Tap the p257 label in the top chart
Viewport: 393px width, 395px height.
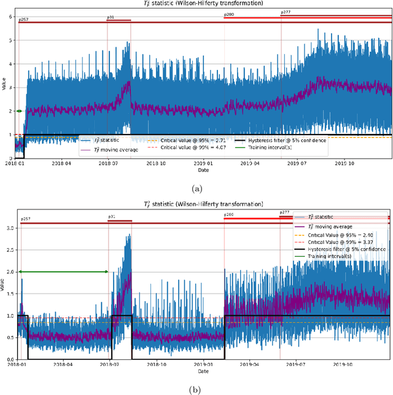coord(23,20)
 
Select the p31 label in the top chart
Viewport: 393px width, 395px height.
coord(111,17)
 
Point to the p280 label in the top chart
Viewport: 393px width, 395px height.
coord(229,14)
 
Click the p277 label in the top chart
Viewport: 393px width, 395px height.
coord(286,12)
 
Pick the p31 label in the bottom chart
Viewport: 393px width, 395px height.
coord(112,217)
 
